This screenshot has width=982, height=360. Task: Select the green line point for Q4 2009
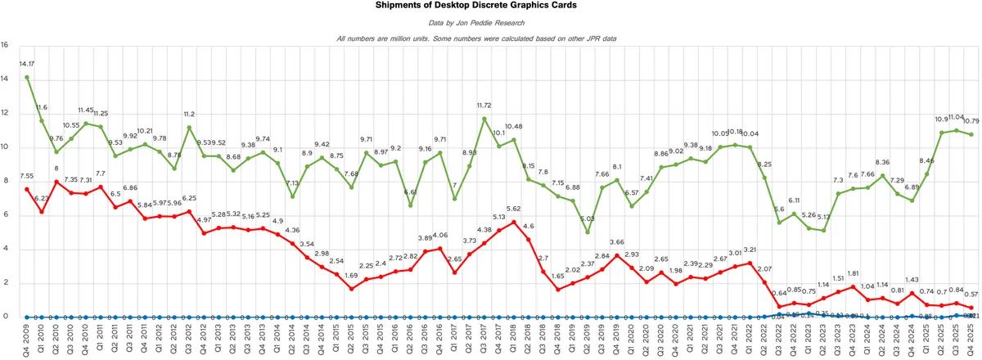pos(27,78)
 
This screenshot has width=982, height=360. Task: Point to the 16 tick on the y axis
pos(5,45)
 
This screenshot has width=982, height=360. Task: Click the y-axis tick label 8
pos(5,182)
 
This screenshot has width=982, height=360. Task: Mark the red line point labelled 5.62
pos(513,222)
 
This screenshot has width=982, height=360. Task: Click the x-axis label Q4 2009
pos(27,337)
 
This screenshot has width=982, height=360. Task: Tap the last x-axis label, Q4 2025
pos(971,337)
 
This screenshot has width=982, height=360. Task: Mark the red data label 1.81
pos(853,274)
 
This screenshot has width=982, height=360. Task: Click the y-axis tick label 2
pos(5,283)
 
